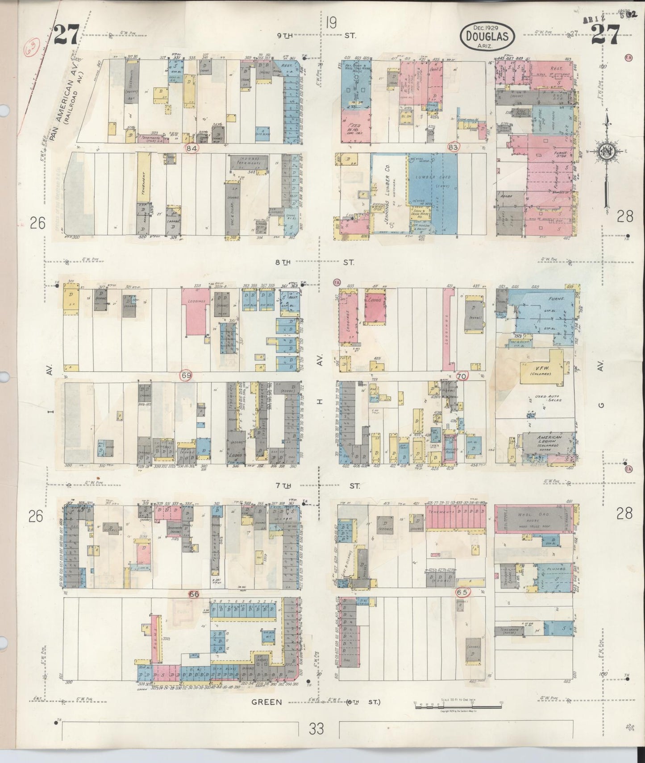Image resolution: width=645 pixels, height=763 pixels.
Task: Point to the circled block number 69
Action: tap(186, 376)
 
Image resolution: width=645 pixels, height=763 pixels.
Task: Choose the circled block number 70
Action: tap(462, 376)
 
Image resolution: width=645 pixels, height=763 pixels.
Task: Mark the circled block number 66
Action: tap(194, 594)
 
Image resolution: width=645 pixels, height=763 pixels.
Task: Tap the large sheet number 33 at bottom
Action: tap(316, 729)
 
